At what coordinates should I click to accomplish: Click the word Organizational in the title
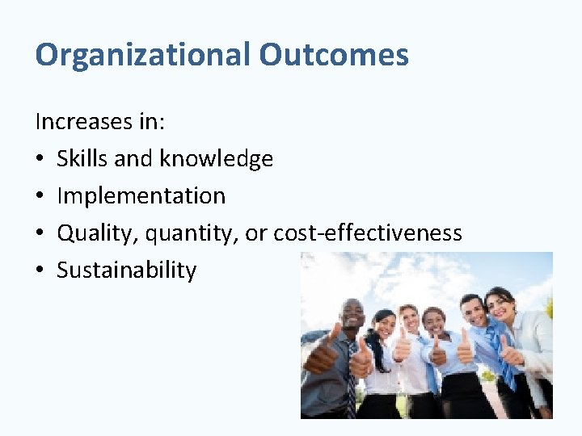[x=143, y=55]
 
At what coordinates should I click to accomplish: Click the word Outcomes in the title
[x=334, y=55]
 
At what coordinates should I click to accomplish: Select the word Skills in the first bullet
[x=82, y=159]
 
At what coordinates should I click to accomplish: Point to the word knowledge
[x=216, y=159]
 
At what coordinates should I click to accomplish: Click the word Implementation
[x=141, y=196]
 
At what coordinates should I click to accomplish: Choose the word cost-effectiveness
[x=368, y=233]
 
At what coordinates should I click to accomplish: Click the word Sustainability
[x=126, y=270]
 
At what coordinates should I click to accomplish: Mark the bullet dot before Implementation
[x=40, y=196]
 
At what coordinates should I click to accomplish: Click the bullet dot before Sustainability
[x=40, y=270]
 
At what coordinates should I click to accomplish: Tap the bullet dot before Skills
[x=40, y=159]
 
